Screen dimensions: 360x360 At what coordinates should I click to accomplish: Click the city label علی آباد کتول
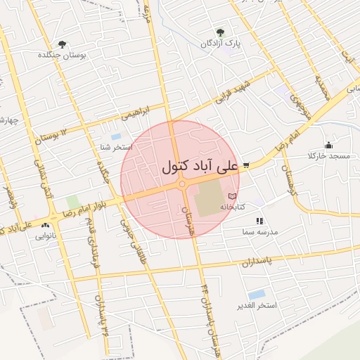coord(200,168)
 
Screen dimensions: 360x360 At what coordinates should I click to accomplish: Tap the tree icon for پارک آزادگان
coord(220,32)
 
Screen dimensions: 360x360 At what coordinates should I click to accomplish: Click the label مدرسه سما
coord(260,231)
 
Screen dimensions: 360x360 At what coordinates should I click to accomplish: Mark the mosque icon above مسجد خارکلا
coord(328,146)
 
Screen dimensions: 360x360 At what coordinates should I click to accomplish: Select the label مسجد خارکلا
coord(325,155)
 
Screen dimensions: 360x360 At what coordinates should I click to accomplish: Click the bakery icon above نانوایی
coord(45,226)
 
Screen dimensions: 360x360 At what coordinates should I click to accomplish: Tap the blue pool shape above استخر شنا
coord(116,136)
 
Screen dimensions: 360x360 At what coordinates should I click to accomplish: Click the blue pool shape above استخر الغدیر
coord(257,294)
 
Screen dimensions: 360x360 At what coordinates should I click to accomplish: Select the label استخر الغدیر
coord(257,305)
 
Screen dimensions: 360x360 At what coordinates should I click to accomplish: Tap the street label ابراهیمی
coord(135,111)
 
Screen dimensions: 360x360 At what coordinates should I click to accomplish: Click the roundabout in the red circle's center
coord(182,184)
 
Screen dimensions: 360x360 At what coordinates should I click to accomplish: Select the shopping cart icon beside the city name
coord(246,166)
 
